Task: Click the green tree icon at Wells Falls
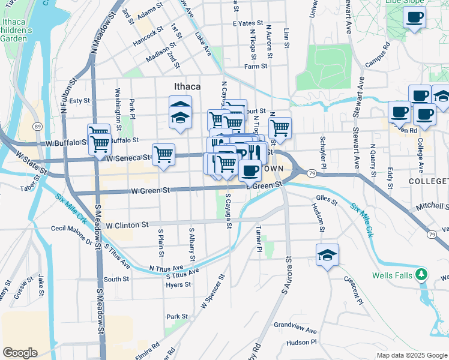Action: coord(423,274)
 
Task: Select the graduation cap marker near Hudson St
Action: coord(327,255)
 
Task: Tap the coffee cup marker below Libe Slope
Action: coord(414,17)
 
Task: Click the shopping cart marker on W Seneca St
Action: coord(163,155)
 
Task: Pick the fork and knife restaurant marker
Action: coord(256,152)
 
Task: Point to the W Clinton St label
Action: coord(127,225)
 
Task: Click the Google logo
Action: coord(20,353)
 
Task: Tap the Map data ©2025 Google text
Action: coord(411,355)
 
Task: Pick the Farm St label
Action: coord(255,67)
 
